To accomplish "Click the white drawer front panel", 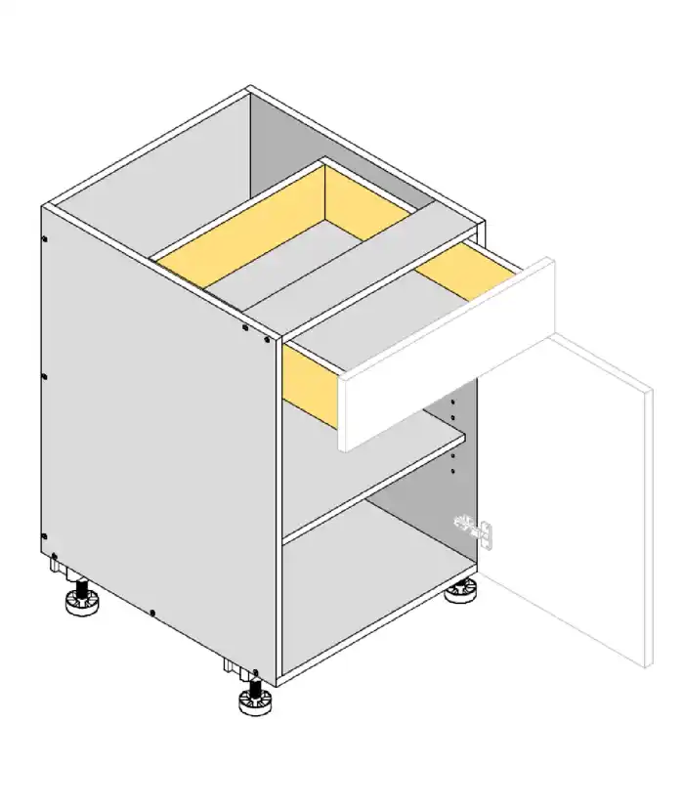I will click(445, 361).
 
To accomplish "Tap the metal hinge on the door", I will click(481, 531).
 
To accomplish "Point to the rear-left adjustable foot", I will click(82, 600).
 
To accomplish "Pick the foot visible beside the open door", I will click(461, 591).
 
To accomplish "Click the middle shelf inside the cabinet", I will click(371, 479).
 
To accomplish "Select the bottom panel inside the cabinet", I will click(371, 586).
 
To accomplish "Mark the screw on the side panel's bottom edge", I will click(152, 614).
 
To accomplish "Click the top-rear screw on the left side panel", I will click(45, 237).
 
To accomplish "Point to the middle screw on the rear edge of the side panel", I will click(44, 375).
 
